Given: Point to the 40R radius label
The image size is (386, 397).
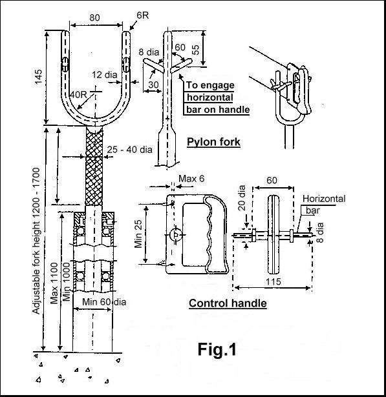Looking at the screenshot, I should coord(80,95).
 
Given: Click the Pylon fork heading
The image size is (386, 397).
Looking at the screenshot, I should coord(213,142).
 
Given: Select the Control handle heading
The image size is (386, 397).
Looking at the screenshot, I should coord(228,303).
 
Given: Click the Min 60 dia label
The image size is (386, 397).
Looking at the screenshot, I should coord(103,300).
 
